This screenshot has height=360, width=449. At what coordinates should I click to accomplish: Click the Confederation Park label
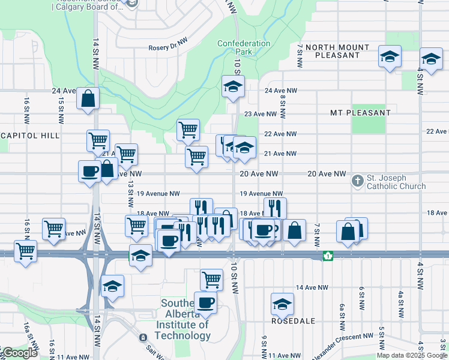coord(244,48)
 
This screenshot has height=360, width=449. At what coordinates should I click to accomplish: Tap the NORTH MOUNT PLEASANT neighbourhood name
coord(337,51)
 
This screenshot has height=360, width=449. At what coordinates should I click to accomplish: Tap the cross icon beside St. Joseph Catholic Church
coord(357,181)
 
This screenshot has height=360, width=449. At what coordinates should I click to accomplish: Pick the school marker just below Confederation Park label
coord(233,86)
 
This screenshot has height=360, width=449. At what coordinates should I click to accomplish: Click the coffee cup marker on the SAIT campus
coord(205,302)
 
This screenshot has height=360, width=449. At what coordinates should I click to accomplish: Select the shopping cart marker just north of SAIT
coord(211,279)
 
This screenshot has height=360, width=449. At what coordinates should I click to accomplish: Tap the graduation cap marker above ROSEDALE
coord(282,303)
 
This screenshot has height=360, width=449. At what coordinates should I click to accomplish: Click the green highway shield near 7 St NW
coord(328,256)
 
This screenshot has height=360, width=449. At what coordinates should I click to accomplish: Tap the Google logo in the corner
coord(19,353)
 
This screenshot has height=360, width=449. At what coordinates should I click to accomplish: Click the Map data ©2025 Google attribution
coord(412,355)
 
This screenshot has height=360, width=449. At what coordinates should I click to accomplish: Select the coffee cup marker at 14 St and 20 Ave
coord(89,171)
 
